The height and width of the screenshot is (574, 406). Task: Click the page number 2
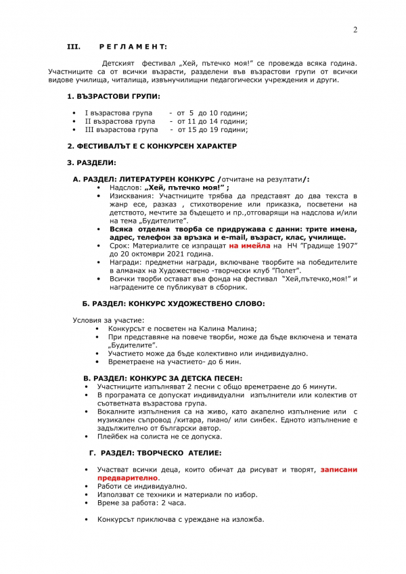[x=355, y=29]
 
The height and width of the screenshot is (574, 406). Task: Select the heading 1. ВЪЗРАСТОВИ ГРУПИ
[x=114, y=97]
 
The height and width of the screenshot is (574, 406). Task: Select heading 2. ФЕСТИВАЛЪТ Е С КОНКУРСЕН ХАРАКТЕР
[x=152, y=146]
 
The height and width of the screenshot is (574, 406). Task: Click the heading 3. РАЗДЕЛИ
[x=91, y=162]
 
